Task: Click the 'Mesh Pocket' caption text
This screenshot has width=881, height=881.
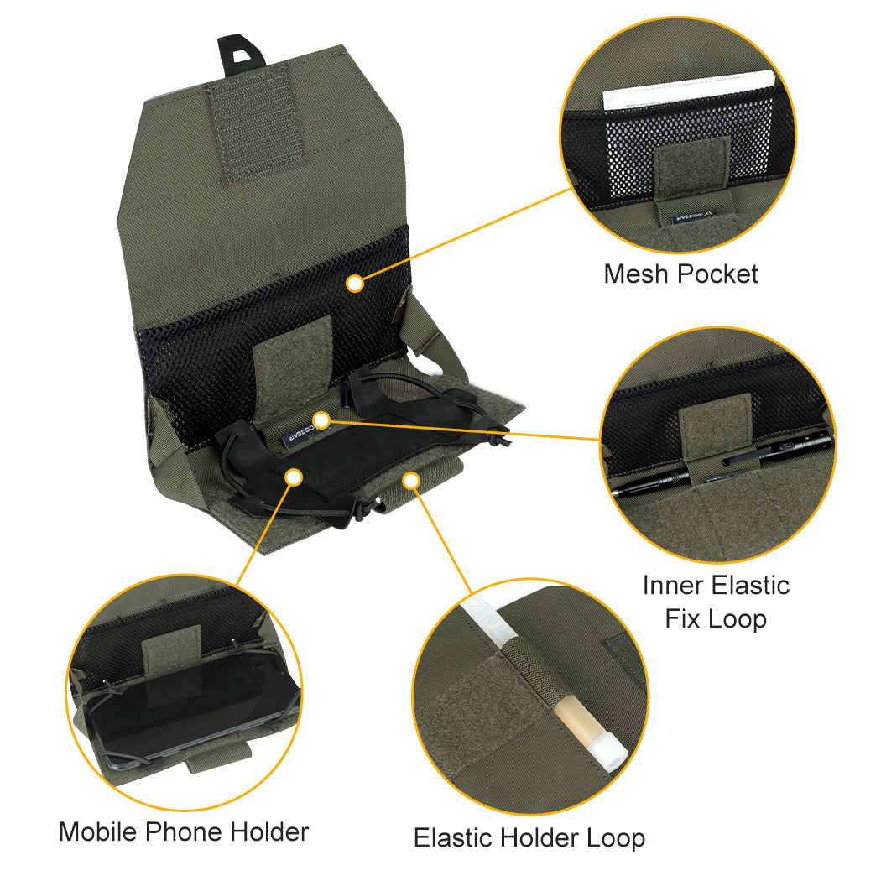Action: [x=680, y=274]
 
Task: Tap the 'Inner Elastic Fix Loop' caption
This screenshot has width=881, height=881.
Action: [x=716, y=602]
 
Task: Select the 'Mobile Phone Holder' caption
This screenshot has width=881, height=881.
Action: [x=184, y=831]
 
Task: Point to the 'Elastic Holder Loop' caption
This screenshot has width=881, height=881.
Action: [x=529, y=837]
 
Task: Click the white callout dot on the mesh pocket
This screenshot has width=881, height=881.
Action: [x=355, y=284]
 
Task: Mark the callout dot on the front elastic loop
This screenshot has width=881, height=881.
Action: [x=410, y=479]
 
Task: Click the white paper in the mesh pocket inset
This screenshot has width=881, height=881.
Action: [x=688, y=89]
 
